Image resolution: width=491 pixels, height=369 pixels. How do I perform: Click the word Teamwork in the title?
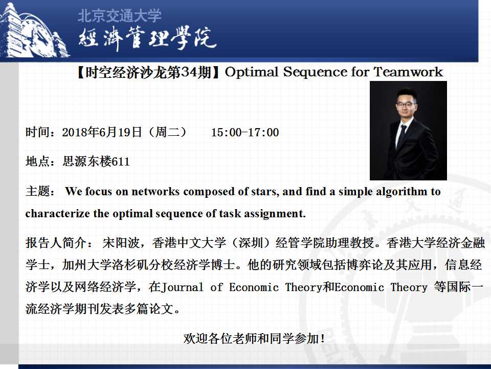[x=408, y=72]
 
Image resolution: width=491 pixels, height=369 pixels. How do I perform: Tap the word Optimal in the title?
[x=252, y=72]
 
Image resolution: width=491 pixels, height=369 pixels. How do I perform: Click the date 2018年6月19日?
[x=102, y=132]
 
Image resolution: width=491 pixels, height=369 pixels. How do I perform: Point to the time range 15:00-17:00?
[x=245, y=132]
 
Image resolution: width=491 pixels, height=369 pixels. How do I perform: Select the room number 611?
[x=121, y=161]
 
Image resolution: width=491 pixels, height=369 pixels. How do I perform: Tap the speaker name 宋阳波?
[x=121, y=243]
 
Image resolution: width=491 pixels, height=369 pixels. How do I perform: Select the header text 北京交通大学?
[x=119, y=16]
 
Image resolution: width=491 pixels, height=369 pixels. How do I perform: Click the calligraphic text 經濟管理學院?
[x=147, y=38]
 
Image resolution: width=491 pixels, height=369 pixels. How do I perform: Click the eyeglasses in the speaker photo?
[x=406, y=105]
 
